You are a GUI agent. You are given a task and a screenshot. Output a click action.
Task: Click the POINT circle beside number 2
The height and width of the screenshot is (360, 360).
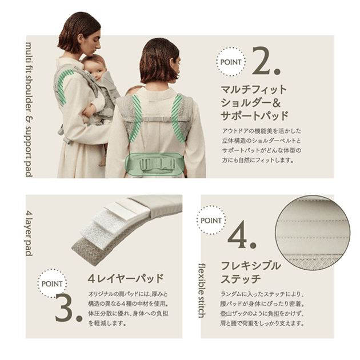click(231, 62)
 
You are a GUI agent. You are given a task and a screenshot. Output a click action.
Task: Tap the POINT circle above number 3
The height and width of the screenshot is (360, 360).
click(52, 283)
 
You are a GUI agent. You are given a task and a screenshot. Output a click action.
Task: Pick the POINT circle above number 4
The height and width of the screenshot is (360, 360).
click(211, 220)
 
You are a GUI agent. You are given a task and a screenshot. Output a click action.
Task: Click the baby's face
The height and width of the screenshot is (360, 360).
click(98, 69)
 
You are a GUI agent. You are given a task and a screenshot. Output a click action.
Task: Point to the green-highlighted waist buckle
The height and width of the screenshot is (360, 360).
click(155, 164)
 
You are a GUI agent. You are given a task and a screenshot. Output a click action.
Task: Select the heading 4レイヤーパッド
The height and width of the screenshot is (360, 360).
click(125, 278)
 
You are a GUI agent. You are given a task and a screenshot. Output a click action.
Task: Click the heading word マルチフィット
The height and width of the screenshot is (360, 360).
click(254, 90)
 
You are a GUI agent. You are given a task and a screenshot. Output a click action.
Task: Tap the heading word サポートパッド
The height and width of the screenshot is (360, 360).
click(254, 115)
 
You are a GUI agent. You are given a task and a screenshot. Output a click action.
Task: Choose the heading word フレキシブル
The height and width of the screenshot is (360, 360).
click(251, 266)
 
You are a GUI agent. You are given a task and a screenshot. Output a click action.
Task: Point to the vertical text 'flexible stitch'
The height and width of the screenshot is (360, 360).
click(202, 291)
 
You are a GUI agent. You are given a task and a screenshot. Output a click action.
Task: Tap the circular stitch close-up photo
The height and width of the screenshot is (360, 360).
click(313, 232)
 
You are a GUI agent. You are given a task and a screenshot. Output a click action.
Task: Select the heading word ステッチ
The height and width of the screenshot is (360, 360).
click(241, 279)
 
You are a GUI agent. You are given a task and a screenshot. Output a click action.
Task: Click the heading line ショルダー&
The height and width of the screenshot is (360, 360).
click(251, 103)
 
